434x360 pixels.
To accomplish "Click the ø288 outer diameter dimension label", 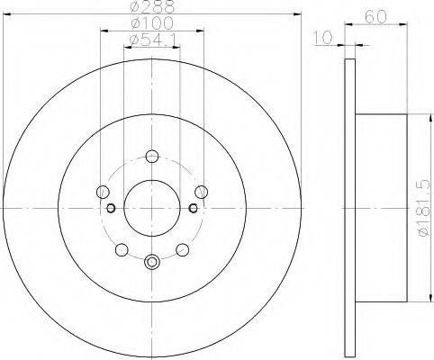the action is [152, 6].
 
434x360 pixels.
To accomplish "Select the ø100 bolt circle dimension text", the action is [152, 22].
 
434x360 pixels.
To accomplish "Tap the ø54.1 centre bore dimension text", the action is [152, 40].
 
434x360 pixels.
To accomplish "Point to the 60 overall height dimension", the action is [375, 17].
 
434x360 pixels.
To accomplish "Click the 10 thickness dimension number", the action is [323, 37].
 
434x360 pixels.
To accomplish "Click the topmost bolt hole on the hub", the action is [152, 156].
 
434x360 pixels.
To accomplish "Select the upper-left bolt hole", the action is [103, 192].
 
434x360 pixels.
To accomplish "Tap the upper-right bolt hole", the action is [201, 192].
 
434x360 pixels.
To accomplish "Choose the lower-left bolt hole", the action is [122, 249].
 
